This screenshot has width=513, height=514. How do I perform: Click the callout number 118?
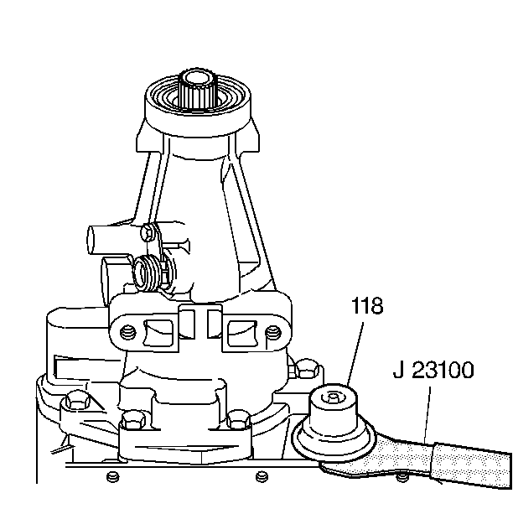pyautogui.click(x=367, y=306)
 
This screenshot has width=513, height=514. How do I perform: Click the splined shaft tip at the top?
pyautogui.click(x=199, y=83)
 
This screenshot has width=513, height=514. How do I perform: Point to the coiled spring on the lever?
pyautogui.click(x=148, y=273)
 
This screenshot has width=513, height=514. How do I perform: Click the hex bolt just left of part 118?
pyautogui.click(x=306, y=370)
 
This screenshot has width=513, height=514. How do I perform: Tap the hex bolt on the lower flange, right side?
pyautogui.click(x=239, y=417)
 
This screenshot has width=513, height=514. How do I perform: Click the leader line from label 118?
pyautogui.click(x=356, y=352)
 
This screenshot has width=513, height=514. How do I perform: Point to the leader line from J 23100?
pyautogui.click(x=428, y=411)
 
